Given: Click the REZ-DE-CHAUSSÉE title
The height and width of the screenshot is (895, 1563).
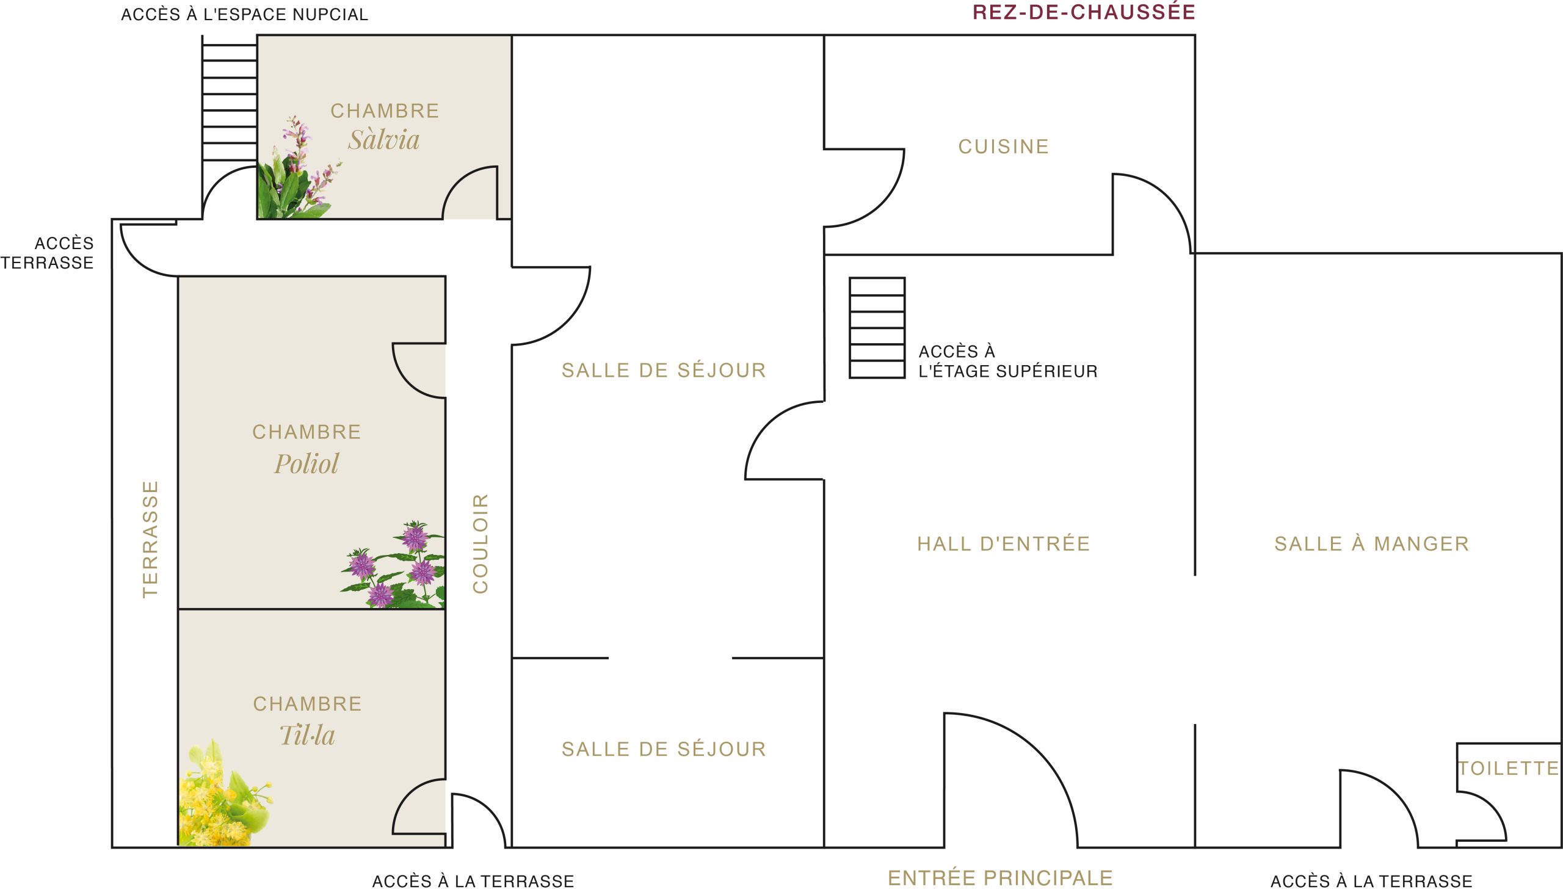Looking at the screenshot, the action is pos(1084,12).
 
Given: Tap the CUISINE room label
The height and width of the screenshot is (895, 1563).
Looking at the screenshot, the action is pos(1004,147).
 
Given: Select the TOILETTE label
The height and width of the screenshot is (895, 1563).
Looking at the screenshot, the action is pos(1509,769).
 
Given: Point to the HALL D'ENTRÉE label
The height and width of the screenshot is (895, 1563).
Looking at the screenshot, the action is pos(1004,544).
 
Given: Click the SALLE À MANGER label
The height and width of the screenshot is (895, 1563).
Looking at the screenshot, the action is pos(1372,544).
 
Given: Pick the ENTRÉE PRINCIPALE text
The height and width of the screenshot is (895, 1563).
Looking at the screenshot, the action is pos(1001,879).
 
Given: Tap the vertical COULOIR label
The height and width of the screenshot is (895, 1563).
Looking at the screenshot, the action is pos(480,543).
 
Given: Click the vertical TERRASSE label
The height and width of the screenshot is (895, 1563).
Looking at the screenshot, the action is pos(151,539).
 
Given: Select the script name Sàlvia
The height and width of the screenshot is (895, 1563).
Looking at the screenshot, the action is pos(384,140).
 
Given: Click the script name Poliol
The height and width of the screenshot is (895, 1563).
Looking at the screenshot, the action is pos(306,464).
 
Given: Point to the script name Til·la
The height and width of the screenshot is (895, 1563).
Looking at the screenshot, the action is pos(307,735).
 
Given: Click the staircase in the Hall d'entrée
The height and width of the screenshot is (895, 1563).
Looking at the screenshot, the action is pos(877,328).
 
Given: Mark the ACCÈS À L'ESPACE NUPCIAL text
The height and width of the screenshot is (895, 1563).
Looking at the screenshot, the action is pos(245,15).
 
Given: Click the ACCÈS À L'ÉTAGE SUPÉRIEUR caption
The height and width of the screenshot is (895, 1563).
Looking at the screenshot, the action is pos(1008,361).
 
